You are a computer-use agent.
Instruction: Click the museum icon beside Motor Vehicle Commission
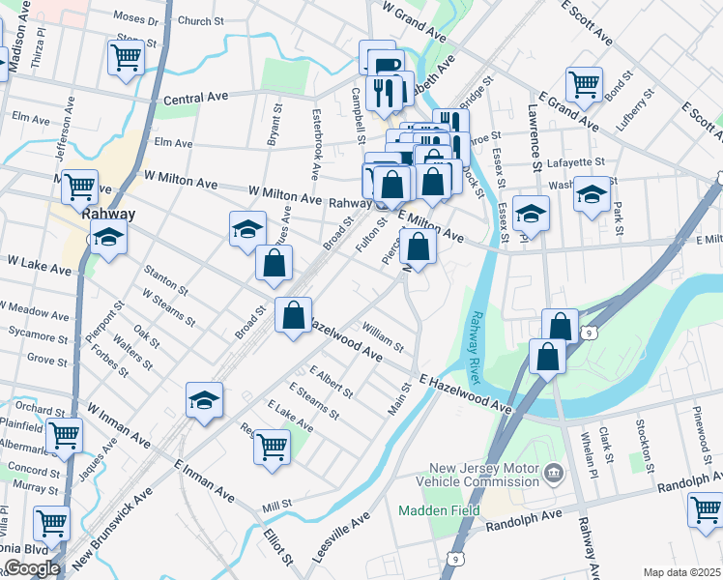(x=553, y=473)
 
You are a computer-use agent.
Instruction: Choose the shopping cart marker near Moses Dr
(x=127, y=59)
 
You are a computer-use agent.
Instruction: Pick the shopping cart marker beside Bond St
(x=584, y=84)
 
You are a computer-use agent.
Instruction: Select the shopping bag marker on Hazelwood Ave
(x=293, y=315)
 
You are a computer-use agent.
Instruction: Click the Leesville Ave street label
(x=342, y=537)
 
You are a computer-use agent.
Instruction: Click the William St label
(x=383, y=337)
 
